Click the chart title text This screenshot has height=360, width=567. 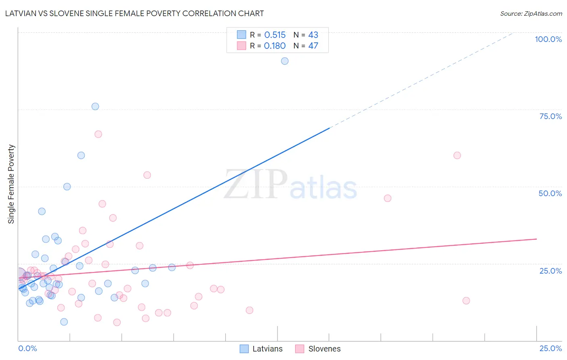pyautogui.click(x=134, y=13)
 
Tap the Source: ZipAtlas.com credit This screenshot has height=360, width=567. pyautogui.click(x=531, y=13)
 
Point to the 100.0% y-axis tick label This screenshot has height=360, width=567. pyautogui.click(x=548, y=39)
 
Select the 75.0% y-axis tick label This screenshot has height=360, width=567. pyautogui.click(x=550, y=116)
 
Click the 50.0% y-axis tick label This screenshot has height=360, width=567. pyautogui.click(x=550, y=193)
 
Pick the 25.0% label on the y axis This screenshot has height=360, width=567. pyautogui.click(x=550, y=271)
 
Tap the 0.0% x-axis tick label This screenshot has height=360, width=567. pyautogui.click(x=27, y=348)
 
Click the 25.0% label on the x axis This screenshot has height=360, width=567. pyautogui.click(x=550, y=348)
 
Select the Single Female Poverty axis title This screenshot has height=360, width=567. pyautogui.click(x=11, y=184)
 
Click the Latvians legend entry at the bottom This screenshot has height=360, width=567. pyautogui.click(x=261, y=349)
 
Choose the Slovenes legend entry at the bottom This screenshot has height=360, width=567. pyautogui.click(x=318, y=349)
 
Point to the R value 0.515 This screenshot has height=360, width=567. pyautogui.click(x=275, y=35)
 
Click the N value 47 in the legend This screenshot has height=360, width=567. pyautogui.click(x=313, y=46)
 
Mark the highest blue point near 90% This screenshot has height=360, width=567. pyautogui.click(x=285, y=61)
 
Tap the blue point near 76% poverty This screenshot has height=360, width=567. pyautogui.click(x=95, y=107)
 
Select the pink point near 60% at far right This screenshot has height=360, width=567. pyautogui.click(x=457, y=155)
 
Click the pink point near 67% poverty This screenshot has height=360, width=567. pyautogui.click(x=98, y=134)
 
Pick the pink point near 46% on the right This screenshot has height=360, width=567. pyautogui.click(x=388, y=198)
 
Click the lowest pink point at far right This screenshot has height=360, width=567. pyautogui.click(x=466, y=301)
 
